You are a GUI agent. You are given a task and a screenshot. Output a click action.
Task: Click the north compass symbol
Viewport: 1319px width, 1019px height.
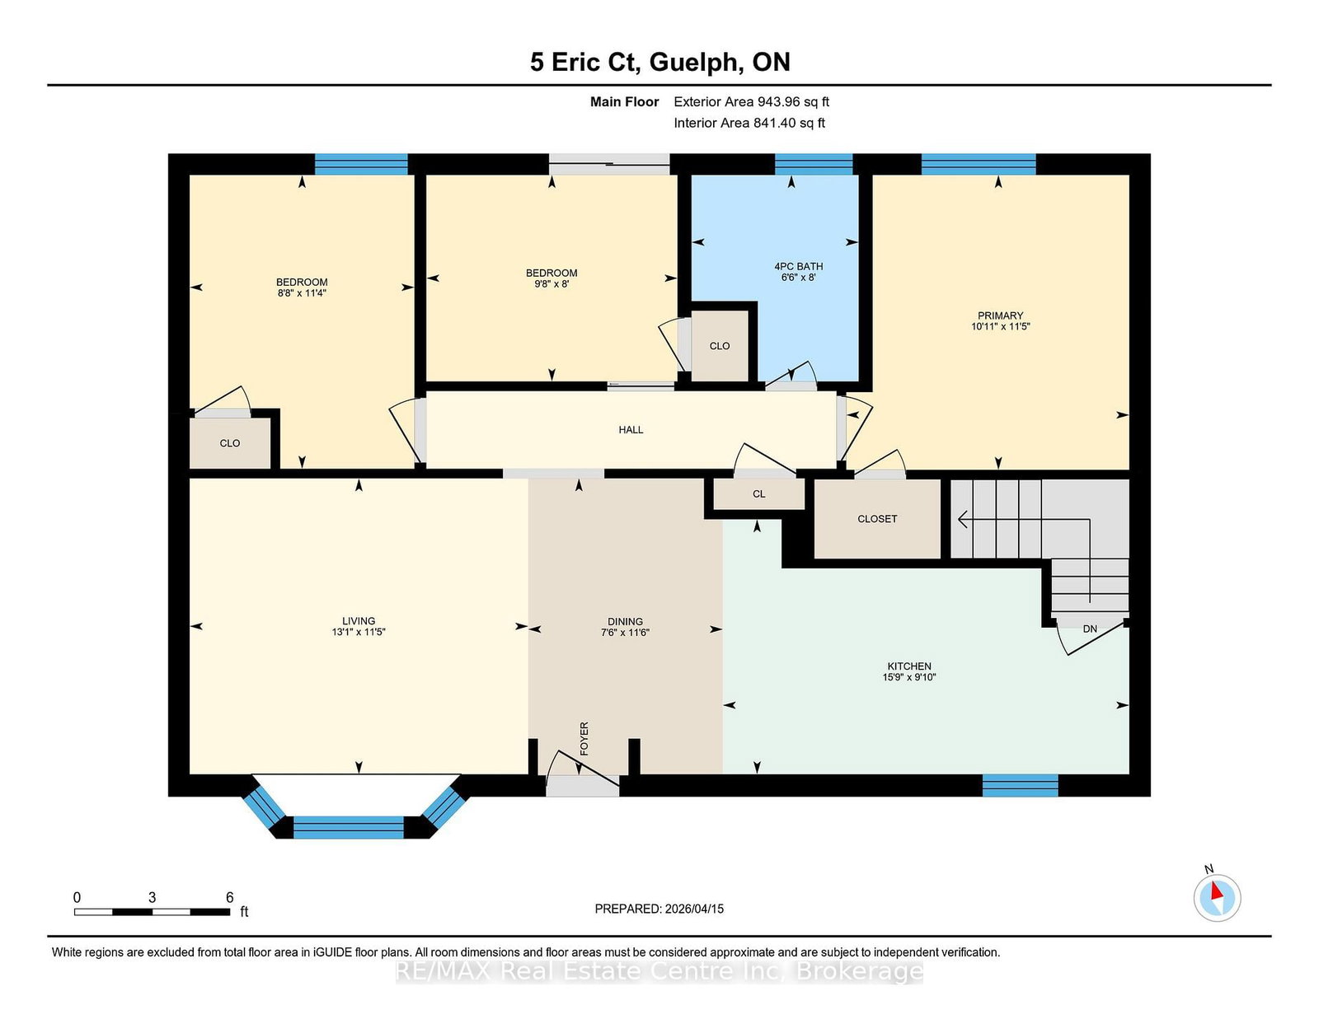click(x=1217, y=897)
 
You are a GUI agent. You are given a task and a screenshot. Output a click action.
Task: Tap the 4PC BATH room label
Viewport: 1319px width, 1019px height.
click(x=798, y=266)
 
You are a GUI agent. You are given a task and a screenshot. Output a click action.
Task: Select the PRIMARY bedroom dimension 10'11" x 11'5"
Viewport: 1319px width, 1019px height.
click(x=1000, y=327)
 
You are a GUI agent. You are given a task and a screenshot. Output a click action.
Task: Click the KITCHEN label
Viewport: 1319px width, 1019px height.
click(x=908, y=666)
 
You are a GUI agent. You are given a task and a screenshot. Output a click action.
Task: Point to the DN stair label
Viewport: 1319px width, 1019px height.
click(x=1090, y=629)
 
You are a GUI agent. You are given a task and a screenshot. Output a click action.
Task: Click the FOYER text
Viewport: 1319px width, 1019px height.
click(x=584, y=738)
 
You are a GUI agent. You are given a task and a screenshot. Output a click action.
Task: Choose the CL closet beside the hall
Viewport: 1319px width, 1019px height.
click(x=758, y=494)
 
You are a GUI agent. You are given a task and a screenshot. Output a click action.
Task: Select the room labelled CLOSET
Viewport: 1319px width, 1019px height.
click(x=876, y=519)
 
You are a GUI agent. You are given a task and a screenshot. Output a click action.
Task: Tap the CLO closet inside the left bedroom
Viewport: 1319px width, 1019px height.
click(x=229, y=443)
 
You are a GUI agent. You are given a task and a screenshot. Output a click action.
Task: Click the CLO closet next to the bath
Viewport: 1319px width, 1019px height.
click(x=719, y=346)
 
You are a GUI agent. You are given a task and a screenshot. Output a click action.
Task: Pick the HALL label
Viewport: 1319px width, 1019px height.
click(x=631, y=429)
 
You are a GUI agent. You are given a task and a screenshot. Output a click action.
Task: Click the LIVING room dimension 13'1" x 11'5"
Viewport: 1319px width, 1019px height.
click(x=359, y=633)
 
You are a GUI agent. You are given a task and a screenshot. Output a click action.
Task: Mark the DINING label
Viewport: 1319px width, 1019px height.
click(x=625, y=621)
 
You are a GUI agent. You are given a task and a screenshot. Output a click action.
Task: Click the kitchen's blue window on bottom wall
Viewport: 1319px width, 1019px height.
click(x=1020, y=785)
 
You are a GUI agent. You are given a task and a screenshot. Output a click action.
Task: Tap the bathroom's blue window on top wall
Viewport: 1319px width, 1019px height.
click(x=813, y=164)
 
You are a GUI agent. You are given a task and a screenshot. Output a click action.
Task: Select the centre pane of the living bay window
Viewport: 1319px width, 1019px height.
click(x=349, y=827)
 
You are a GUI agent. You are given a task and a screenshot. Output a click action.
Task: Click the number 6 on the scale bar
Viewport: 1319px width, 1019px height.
click(x=230, y=897)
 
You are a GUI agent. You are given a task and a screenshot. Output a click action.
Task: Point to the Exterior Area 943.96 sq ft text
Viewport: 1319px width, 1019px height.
click(x=751, y=102)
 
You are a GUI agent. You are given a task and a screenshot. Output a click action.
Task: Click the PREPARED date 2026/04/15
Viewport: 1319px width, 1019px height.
click(x=694, y=909)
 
